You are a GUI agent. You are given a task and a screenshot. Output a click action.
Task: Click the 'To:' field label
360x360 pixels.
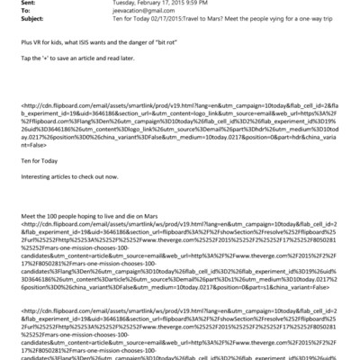pyautogui.click(x=8, y=14)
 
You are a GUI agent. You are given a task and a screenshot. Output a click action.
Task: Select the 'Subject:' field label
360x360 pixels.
pyautogui.click(x=14, y=25)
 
